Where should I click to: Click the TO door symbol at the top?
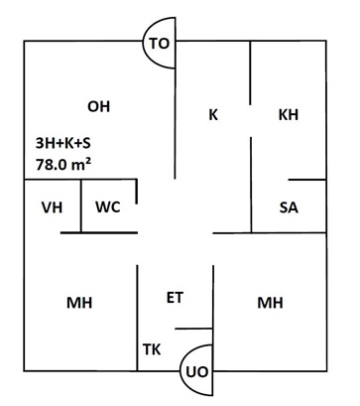click(159, 43)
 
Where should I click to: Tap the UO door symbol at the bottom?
click(197, 370)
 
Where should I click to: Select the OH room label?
click(98, 107)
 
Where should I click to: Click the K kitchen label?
click(213, 115)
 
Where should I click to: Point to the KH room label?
click(289, 115)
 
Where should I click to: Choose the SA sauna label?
click(289, 207)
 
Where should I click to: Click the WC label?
click(108, 207)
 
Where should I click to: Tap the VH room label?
click(53, 207)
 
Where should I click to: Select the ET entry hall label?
click(175, 298)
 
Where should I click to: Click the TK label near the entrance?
click(152, 349)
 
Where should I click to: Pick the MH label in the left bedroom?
click(79, 303)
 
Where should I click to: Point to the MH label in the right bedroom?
click(270, 303)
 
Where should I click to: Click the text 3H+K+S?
click(63, 144)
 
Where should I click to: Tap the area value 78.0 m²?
click(63, 164)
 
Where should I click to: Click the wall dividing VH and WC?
click(81, 206)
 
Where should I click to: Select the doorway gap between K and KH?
click(251, 121)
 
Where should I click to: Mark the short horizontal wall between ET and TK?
click(193, 329)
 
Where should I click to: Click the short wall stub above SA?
click(307, 180)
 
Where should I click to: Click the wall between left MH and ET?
click(137, 318)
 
